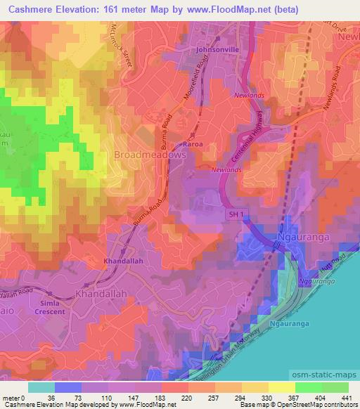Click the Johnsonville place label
click(x=217, y=50)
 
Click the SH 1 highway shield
click(x=235, y=214)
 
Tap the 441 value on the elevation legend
click(x=347, y=398)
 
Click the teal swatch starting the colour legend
click(x=42, y=387)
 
